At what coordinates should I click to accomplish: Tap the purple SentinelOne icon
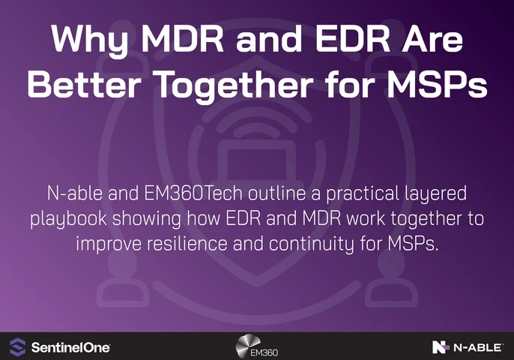pyautogui.click(x=16, y=346)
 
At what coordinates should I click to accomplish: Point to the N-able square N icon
pyautogui.click(x=441, y=346)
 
